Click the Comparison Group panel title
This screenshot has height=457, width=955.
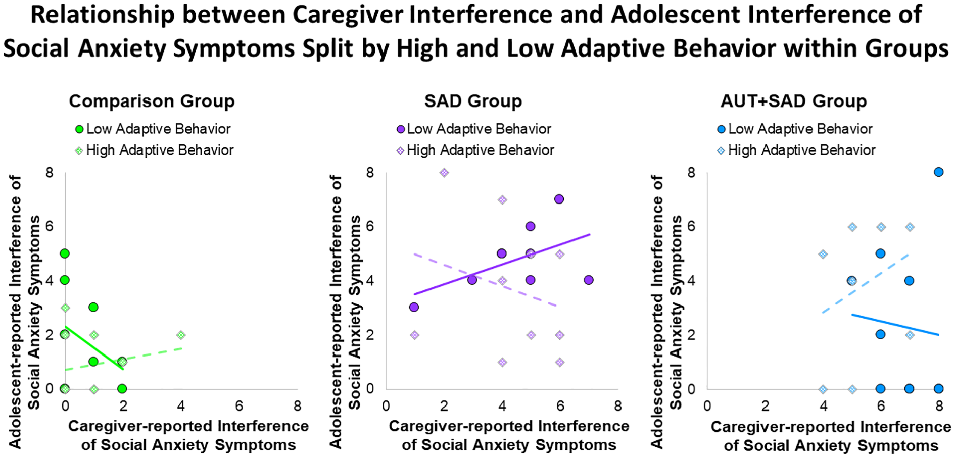tap(152, 101)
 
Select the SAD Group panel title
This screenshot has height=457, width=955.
tap(473, 101)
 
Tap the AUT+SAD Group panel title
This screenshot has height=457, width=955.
tap(793, 101)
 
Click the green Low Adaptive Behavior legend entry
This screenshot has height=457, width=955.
tap(153, 129)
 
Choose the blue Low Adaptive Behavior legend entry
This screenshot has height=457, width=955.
tap(795, 129)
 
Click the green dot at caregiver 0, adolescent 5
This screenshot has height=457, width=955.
tap(65, 253)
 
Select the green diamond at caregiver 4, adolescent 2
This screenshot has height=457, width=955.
tap(181, 335)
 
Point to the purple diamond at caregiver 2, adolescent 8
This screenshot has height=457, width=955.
tap(444, 173)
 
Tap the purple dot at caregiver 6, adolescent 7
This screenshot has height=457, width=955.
tap(559, 199)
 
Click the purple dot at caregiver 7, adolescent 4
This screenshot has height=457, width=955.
tap(588, 280)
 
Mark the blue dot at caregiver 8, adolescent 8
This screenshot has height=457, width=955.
tap(938, 172)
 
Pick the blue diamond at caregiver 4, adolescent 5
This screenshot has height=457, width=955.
tap(823, 254)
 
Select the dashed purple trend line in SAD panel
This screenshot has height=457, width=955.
tap(485, 279)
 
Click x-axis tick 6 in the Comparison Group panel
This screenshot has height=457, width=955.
tap(239, 407)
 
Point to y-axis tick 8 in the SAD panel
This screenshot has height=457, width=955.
tap(370, 173)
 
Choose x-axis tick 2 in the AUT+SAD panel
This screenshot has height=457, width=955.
tap(766, 407)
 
